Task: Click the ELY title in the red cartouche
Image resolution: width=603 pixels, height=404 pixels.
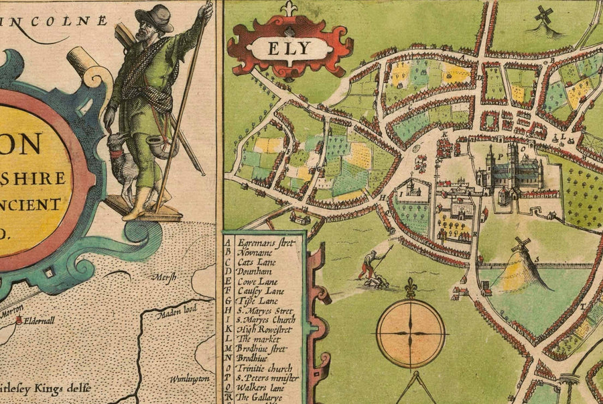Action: point(290,50)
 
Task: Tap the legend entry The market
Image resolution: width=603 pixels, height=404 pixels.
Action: point(258,339)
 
